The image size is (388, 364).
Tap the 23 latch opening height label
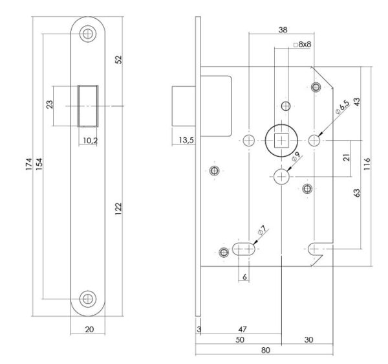[x=50, y=106]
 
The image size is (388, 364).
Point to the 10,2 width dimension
[x=89, y=139]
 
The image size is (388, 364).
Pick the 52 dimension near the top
[x=119, y=60]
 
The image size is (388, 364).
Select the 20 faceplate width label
[x=89, y=330]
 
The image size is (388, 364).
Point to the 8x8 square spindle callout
[x=304, y=45]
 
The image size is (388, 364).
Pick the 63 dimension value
[x=356, y=192]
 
